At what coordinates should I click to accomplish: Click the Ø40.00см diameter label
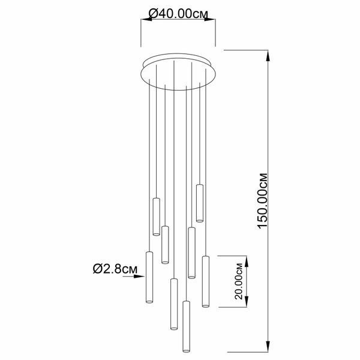178,14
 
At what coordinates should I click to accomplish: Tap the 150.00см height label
263,201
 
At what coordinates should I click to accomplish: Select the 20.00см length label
239,281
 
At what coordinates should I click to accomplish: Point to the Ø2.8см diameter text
115,269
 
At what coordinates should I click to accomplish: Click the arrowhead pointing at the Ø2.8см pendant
139,277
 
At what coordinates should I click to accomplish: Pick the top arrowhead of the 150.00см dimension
268,56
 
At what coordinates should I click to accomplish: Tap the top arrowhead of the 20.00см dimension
247,261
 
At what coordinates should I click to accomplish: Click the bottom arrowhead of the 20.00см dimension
247,301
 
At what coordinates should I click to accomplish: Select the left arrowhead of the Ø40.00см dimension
146,19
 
